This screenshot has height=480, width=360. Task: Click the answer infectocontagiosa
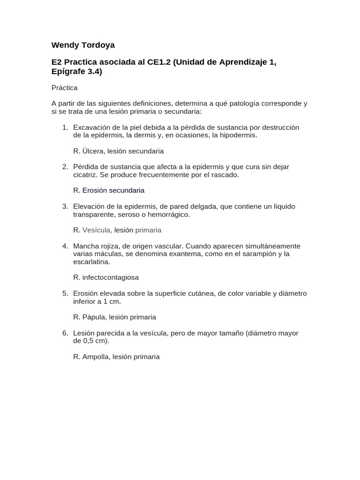111,277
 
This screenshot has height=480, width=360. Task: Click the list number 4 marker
65,246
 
